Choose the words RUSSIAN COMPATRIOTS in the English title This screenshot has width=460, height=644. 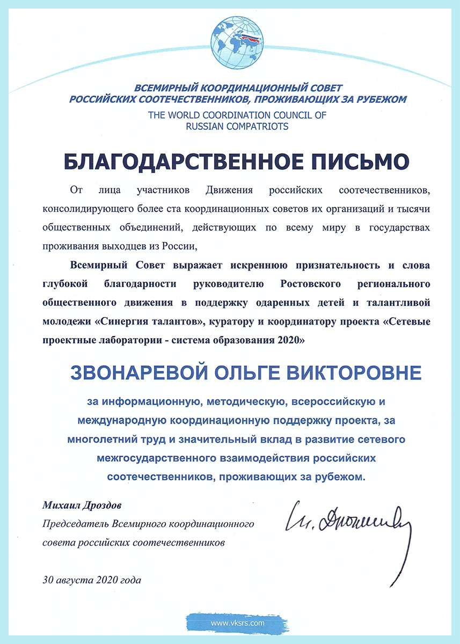(237, 127)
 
